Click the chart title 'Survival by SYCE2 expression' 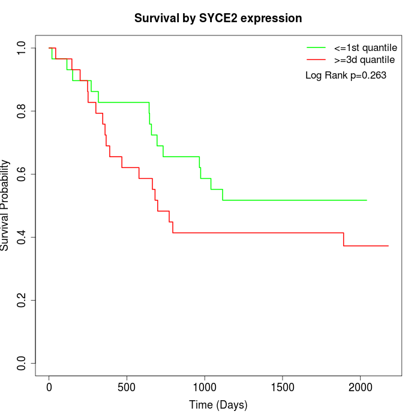[218, 18]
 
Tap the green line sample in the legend [316, 47]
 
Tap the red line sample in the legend [316, 60]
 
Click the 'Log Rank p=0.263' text [346, 76]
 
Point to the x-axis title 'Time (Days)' [218, 405]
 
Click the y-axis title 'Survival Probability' [5, 205]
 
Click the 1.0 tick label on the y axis [22, 48]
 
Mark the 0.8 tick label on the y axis [22, 111]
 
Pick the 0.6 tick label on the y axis [22, 174]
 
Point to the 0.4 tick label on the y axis [22, 237]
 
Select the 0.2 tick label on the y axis [22, 300]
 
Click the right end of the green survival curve [366, 200]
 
